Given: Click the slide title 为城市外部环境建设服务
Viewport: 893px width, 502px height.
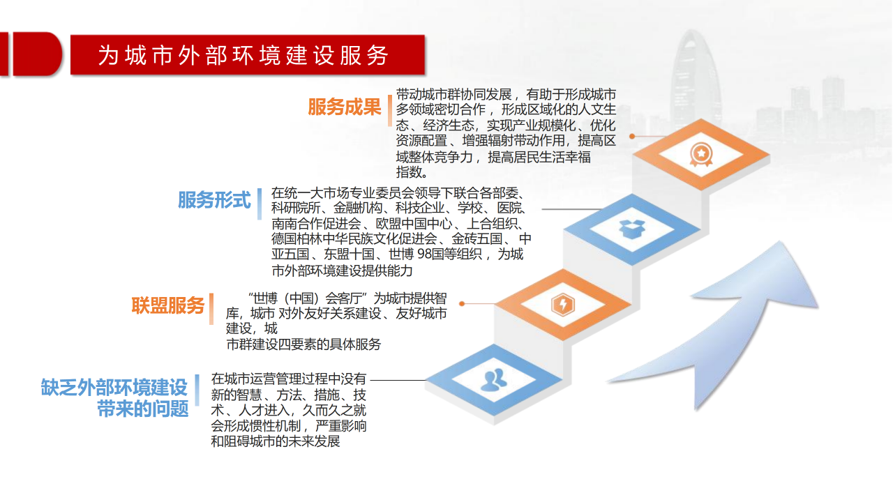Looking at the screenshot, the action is pyautogui.click(x=243, y=55).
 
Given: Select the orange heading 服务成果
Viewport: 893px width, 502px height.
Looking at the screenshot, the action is pyautogui.click(x=345, y=107).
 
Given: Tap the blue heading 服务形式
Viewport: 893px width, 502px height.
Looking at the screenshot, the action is pyautogui.click(x=214, y=200).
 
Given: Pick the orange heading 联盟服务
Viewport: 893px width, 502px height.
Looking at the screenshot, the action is pyautogui.click(x=168, y=305).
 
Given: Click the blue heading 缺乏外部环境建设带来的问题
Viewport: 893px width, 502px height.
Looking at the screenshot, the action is pyautogui.click(x=114, y=397).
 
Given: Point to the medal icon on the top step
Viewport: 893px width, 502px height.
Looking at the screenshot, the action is pyautogui.click(x=701, y=154).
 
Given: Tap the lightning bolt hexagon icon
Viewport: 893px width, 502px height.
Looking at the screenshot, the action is pyautogui.click(x=563, y=305).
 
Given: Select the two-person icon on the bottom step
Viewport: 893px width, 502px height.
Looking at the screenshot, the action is pyautogui.click(x=494, y=380).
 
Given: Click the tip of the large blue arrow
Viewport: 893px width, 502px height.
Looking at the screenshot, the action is pyautogui.click(x=780, y=241).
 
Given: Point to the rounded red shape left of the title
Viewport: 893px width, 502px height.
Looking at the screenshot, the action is pyautogui.click(x=38, y=54).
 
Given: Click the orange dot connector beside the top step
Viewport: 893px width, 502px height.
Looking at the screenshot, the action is pyautogui.click(x=632, y=136).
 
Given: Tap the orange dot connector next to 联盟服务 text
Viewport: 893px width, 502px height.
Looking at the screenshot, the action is pyautogui.click(x=462, y=303).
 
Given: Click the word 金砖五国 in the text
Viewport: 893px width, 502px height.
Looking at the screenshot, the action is pyautogui.click(x=476, y=238).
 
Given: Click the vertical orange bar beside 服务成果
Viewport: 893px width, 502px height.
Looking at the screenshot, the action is pyautogui.click(x=390, y=110).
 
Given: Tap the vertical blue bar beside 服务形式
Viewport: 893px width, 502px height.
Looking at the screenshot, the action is pyautogui.click(x=260, y=204).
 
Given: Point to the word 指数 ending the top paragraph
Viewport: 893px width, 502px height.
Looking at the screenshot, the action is pyautogui.click(x=408, y=172).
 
